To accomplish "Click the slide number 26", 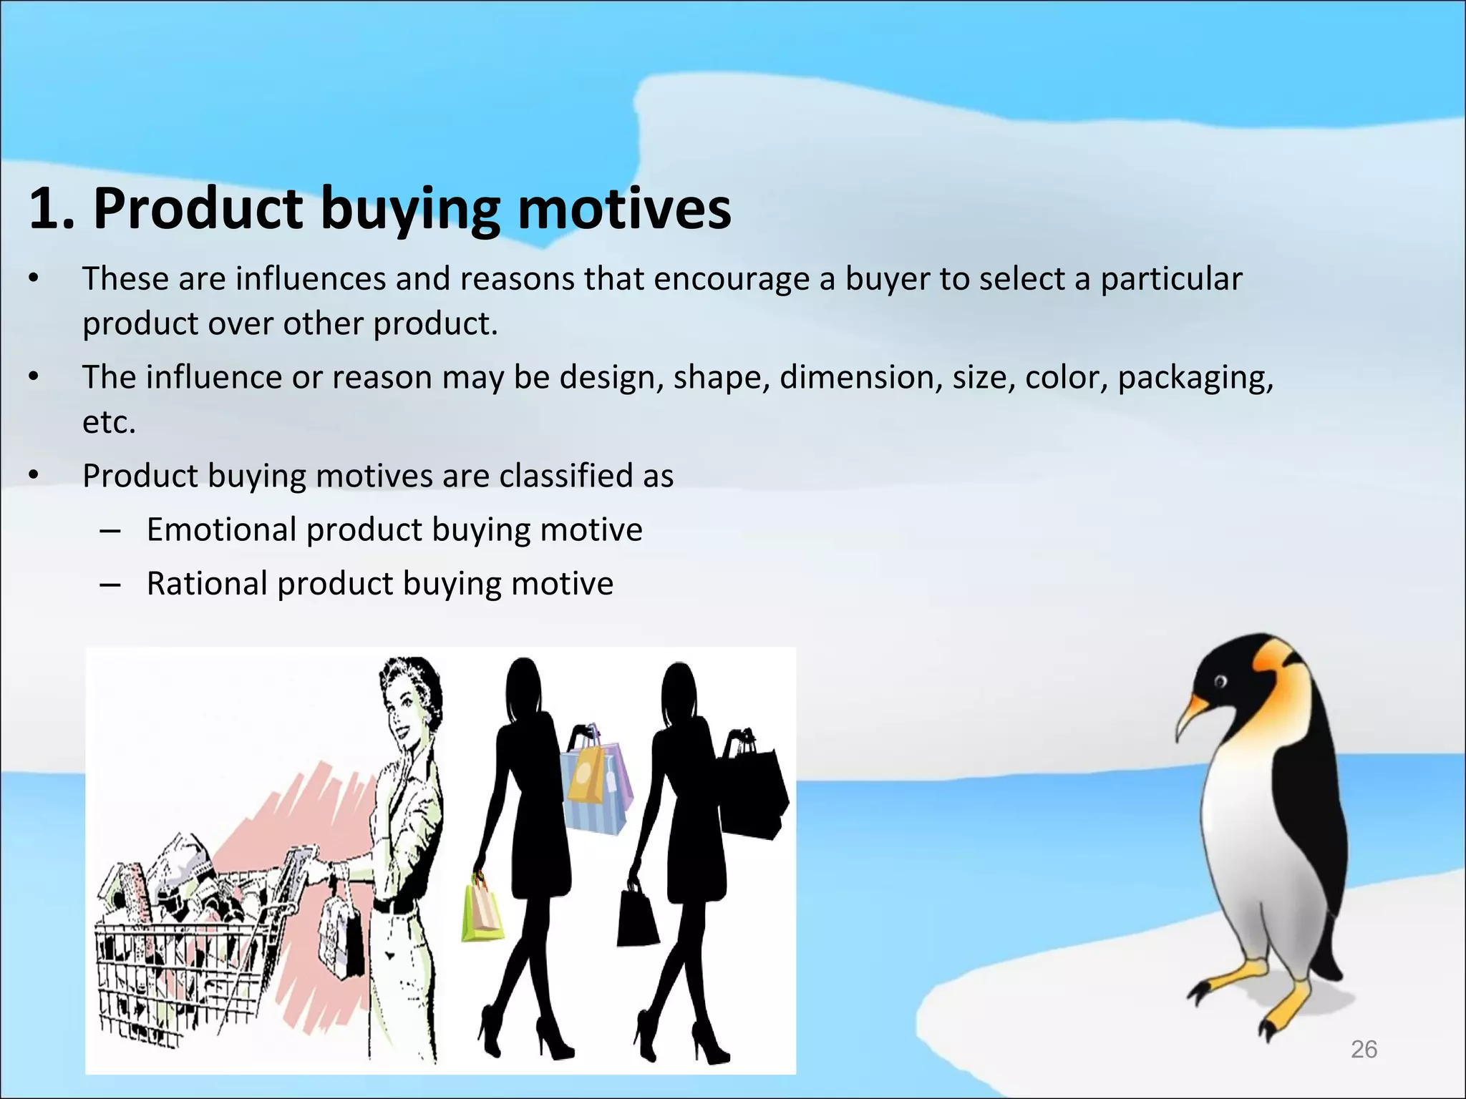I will coord(1364,1049).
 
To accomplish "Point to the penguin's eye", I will coord(1220,680).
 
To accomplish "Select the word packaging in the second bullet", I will coord(1195,378).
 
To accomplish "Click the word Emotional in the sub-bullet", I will coord(221,530).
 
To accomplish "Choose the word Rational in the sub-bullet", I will coord(207,584).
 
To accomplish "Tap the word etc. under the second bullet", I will coord(109,422).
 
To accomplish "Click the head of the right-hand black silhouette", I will coord(678,690).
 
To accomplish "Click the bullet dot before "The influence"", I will coord(34,377).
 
